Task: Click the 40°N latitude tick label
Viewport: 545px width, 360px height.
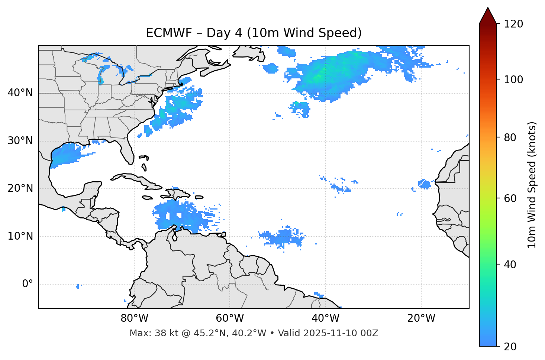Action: pos(20,93)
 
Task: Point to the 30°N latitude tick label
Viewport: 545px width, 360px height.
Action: pos(20,141)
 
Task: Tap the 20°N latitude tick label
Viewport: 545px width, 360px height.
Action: pos(20,188)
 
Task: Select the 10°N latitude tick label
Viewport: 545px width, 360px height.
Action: pos(20,236)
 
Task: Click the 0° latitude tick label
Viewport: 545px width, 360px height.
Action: pos(28,284)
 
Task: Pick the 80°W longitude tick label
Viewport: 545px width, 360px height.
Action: pos(134,318)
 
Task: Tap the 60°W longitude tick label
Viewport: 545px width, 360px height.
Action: pos(230,318)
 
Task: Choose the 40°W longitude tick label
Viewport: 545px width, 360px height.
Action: pos(325,318)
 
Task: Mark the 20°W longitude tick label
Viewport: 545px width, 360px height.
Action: pos(421,318)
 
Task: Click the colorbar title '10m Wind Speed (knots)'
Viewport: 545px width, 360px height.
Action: pos(532,185)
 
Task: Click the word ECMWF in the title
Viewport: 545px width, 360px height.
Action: pos(169,33)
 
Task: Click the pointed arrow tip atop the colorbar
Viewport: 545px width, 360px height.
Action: pos(488,9)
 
